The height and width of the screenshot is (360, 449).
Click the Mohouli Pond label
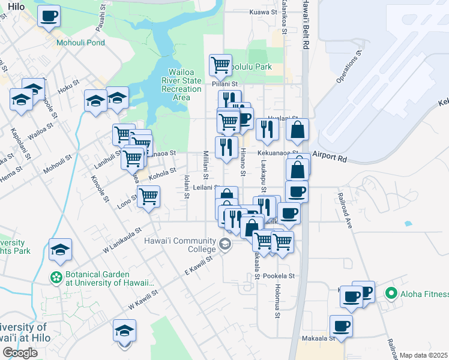click(x=80, y=43)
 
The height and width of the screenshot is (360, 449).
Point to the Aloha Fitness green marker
click(x=391, y=293)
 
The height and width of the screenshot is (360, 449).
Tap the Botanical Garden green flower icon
click(x=56, y=278)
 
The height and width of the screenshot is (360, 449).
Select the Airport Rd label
click(x=334, y=160)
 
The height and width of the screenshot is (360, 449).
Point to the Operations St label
click(x=348, y=67)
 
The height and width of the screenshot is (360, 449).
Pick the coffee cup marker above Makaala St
click(x=341, y=326)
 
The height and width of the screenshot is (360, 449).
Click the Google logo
click(x=20, y=352)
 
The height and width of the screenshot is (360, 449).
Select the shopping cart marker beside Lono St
click(x=148, y=196)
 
